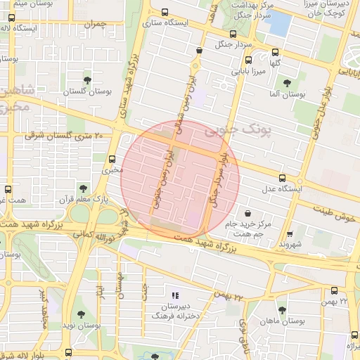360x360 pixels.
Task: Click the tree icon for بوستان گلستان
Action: coord(87,80)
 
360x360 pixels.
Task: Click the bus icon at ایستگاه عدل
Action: coord(282,178)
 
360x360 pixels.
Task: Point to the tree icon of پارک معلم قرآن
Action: coord(83,188)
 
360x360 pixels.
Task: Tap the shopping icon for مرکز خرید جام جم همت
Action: coord(247,213)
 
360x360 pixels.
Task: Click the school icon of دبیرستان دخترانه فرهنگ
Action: coord(176,295)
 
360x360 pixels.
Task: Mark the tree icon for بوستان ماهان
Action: coord(282,310)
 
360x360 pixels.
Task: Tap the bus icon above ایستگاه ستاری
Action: coord(165,12)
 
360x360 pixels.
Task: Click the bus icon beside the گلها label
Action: coord(274,51)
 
